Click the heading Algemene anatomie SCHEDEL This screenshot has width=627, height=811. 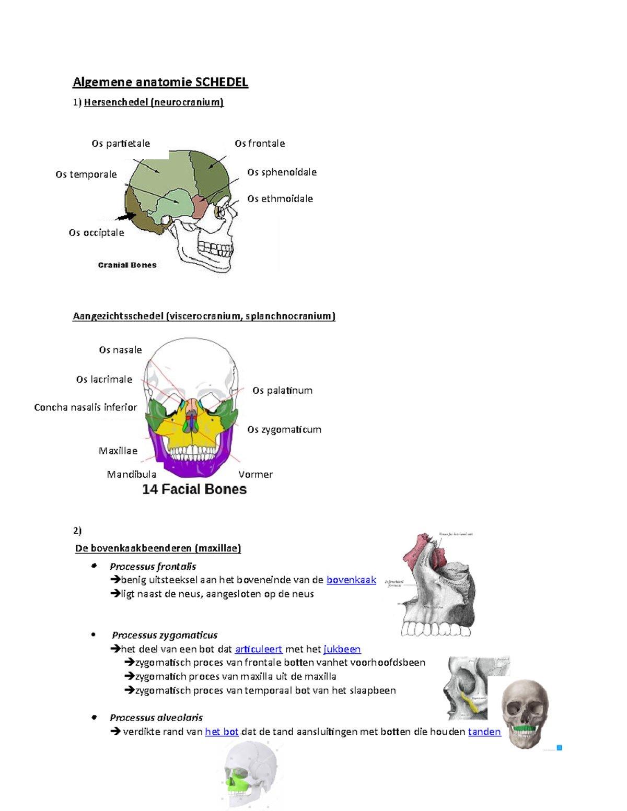(160, 82)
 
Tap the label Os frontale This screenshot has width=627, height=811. (260, 144)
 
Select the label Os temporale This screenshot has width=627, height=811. (86, 174)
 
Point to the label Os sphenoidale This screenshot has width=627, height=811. (282, 172)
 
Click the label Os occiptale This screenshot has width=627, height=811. (97, 233)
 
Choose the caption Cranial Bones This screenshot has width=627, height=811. (127, 265)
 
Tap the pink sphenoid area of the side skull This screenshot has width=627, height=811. (199, 207)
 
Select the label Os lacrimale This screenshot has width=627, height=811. (104, 380)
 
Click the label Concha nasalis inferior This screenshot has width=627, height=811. (86, 407)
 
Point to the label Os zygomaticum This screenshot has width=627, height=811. (284, 430)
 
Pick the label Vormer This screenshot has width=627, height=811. (256, 475)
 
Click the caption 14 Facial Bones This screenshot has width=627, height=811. (194, 489)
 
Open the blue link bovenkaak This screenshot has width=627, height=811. (351, 580)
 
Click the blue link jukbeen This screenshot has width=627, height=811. (342, 649)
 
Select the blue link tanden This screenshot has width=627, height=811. (484, 732)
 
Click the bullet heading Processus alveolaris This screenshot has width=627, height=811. (156, 718)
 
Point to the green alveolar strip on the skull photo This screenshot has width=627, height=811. (524, 728)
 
